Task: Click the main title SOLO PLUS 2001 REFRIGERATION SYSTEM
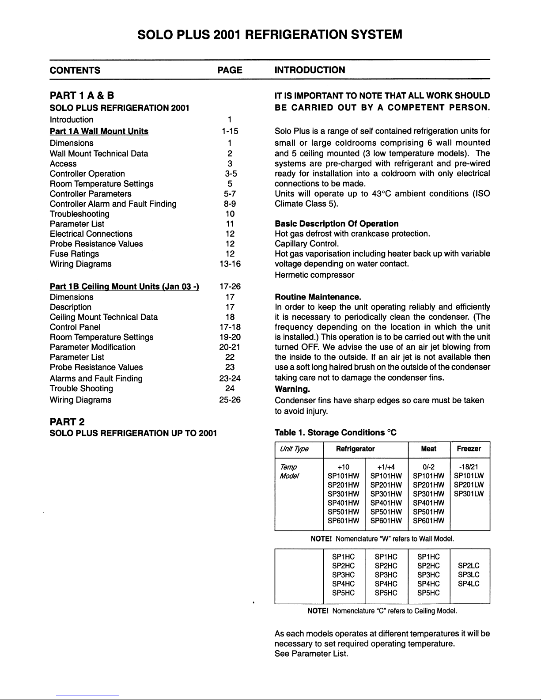tap(270, 34)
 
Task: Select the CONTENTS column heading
tap(75, 70)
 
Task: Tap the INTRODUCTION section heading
tap(310, 70)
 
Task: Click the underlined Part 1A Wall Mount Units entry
tap(99, 131)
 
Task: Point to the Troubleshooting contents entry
tap(79, 214)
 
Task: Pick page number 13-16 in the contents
tap(230, 264)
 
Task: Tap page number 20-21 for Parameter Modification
tap(230, 347)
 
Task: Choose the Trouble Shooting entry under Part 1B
tap(81, 389)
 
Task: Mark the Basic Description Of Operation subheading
tap(337, 224)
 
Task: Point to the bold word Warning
tap(291, 390)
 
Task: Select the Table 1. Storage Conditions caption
tap(335, 432)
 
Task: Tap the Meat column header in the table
tap(428, 449)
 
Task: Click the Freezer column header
tap(469, 449)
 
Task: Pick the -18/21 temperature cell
tap(469, 467)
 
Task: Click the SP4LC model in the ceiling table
tap(469, 583)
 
